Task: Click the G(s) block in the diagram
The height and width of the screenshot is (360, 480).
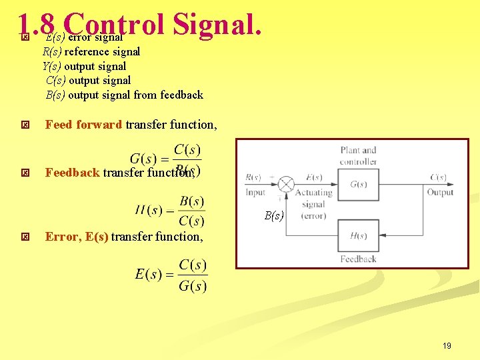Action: tap(358, 184)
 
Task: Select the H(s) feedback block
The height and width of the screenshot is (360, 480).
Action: tap(358, 235)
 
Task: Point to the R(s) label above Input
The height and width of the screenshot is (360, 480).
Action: tap(253, 177)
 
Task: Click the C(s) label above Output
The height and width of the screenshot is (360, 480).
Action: tap(438, 177)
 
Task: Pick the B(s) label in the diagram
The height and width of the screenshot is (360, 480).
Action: tap(274, 215)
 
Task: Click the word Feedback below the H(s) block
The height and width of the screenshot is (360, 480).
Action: tap(358, 259)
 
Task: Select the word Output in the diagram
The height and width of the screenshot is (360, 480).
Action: tap(440, 192)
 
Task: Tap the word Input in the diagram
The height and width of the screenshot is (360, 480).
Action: tap(255, 192)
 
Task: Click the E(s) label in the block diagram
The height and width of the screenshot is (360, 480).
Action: tap(314, 177)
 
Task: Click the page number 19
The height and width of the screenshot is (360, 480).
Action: tap(447, 345)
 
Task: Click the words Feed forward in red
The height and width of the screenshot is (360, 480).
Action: tap(83, 124)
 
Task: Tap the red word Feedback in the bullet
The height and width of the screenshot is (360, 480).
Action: tap(72, 173)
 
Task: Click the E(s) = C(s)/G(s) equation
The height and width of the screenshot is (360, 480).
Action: tap(171, 275)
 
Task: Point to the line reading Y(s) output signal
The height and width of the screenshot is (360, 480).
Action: tap(84, 66)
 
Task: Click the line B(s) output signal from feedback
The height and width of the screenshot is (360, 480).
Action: tap(124, 95)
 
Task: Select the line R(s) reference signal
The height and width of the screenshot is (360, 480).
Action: tap(91, 51)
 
